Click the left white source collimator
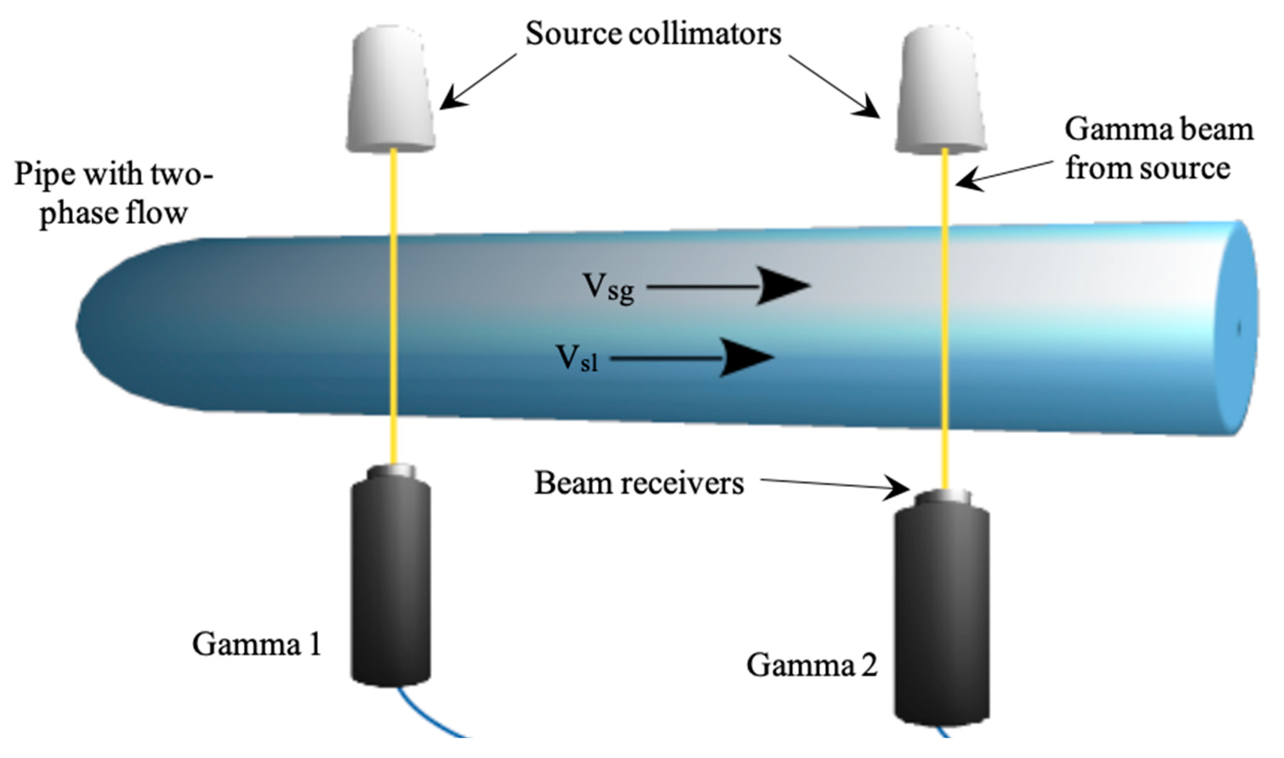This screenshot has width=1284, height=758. click(x=390, y=89)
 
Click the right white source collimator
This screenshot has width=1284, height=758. click(x=941, y=89)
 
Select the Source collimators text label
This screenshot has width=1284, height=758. click(x=653, y=34)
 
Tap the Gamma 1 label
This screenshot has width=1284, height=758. click(x=257, y=644)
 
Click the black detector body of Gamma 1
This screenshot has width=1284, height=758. click(x=390, y=582)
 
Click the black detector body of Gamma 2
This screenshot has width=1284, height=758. click(x=942, y=618)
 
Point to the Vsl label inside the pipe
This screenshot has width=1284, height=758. click(x=577, y=359)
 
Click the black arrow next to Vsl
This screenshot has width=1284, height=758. click(x=694, y=358)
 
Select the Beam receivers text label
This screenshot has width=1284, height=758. click(x=639, y=483)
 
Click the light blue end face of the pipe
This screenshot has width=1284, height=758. click(x=1235, y=327)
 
